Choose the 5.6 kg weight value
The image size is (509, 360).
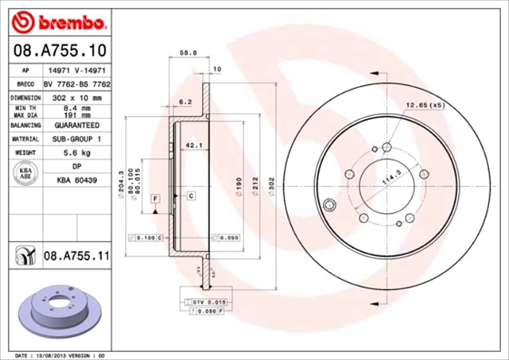pos(76,152)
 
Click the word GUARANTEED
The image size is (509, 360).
pos(76,126)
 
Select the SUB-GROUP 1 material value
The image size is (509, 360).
pos(76,138)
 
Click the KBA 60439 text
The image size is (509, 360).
pos(76,180)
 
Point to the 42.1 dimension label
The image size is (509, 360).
pos(193,145)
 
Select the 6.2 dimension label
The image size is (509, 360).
pos(185,102)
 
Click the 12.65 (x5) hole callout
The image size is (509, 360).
pos(425,105)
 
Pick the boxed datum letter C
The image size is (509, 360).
pos(192,195)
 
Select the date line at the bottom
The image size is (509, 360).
pos(60,355)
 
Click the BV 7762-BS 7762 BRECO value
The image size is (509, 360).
pos(76,83)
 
